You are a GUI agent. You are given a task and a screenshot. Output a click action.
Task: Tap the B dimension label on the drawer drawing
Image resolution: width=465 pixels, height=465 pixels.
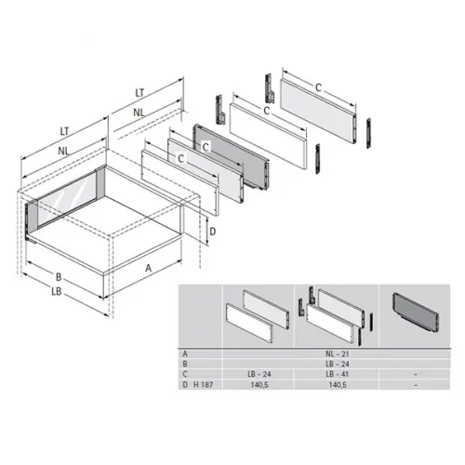click(x=58, y=276)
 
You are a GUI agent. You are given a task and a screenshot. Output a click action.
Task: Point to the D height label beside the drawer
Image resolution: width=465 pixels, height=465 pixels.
click(x=212, y=231)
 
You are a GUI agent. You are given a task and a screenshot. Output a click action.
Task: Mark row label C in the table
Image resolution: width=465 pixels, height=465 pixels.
click(x=185, y=373)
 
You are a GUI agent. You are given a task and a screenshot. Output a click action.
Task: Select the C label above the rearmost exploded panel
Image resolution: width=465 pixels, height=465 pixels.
click(x=318, y=87)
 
